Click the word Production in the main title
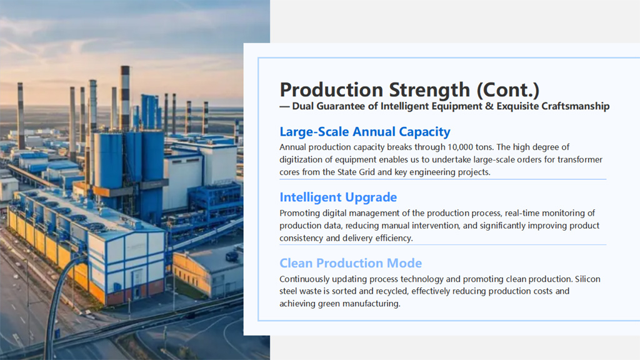tap(331, 90)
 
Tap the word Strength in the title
tap(429, 91)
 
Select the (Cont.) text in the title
tap(508, 90)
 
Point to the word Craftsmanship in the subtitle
tap(576, 106)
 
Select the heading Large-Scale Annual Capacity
tap(365, 132)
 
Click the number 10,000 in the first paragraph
tap(460, 147)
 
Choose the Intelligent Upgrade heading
tap(338, 197)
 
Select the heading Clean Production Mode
tap(351, 263)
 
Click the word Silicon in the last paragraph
tap(587, 279)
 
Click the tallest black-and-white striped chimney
tap(125, 98)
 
